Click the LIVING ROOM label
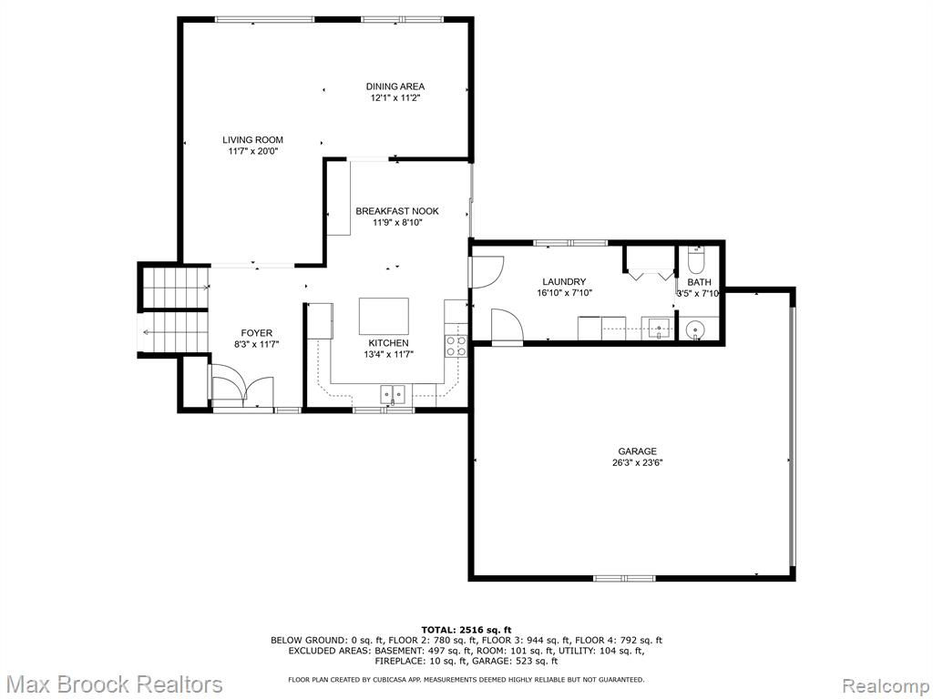coord(253,139)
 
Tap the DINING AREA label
coord(395,86)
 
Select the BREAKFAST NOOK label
coord(397,211)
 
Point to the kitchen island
coord(384,316)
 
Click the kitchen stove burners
coord(456,346)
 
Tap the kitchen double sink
coord(393,393)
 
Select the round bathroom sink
coord(693,329)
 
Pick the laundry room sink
coord(658,329)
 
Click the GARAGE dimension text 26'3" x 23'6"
coord(637,462)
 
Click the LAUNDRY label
coord(564,282)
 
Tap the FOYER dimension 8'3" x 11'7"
coord(256,343)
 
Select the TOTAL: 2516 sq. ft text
coord(466,630)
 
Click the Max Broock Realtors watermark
coord(112,684)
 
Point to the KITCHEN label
coord(388,343)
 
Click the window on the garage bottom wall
coord(624,578)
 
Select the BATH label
coord(699,282)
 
